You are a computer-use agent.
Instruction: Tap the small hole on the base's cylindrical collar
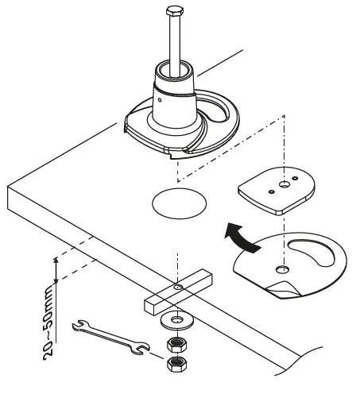[160, 101]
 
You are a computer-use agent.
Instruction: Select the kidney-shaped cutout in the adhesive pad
[313, 254]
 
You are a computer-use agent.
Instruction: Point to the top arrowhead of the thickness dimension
[56, 260]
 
